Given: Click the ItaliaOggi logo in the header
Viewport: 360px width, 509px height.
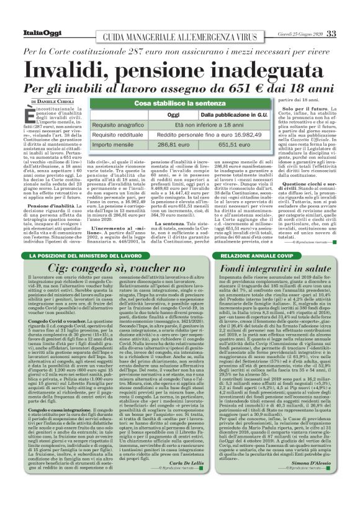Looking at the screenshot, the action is point(38,33).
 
